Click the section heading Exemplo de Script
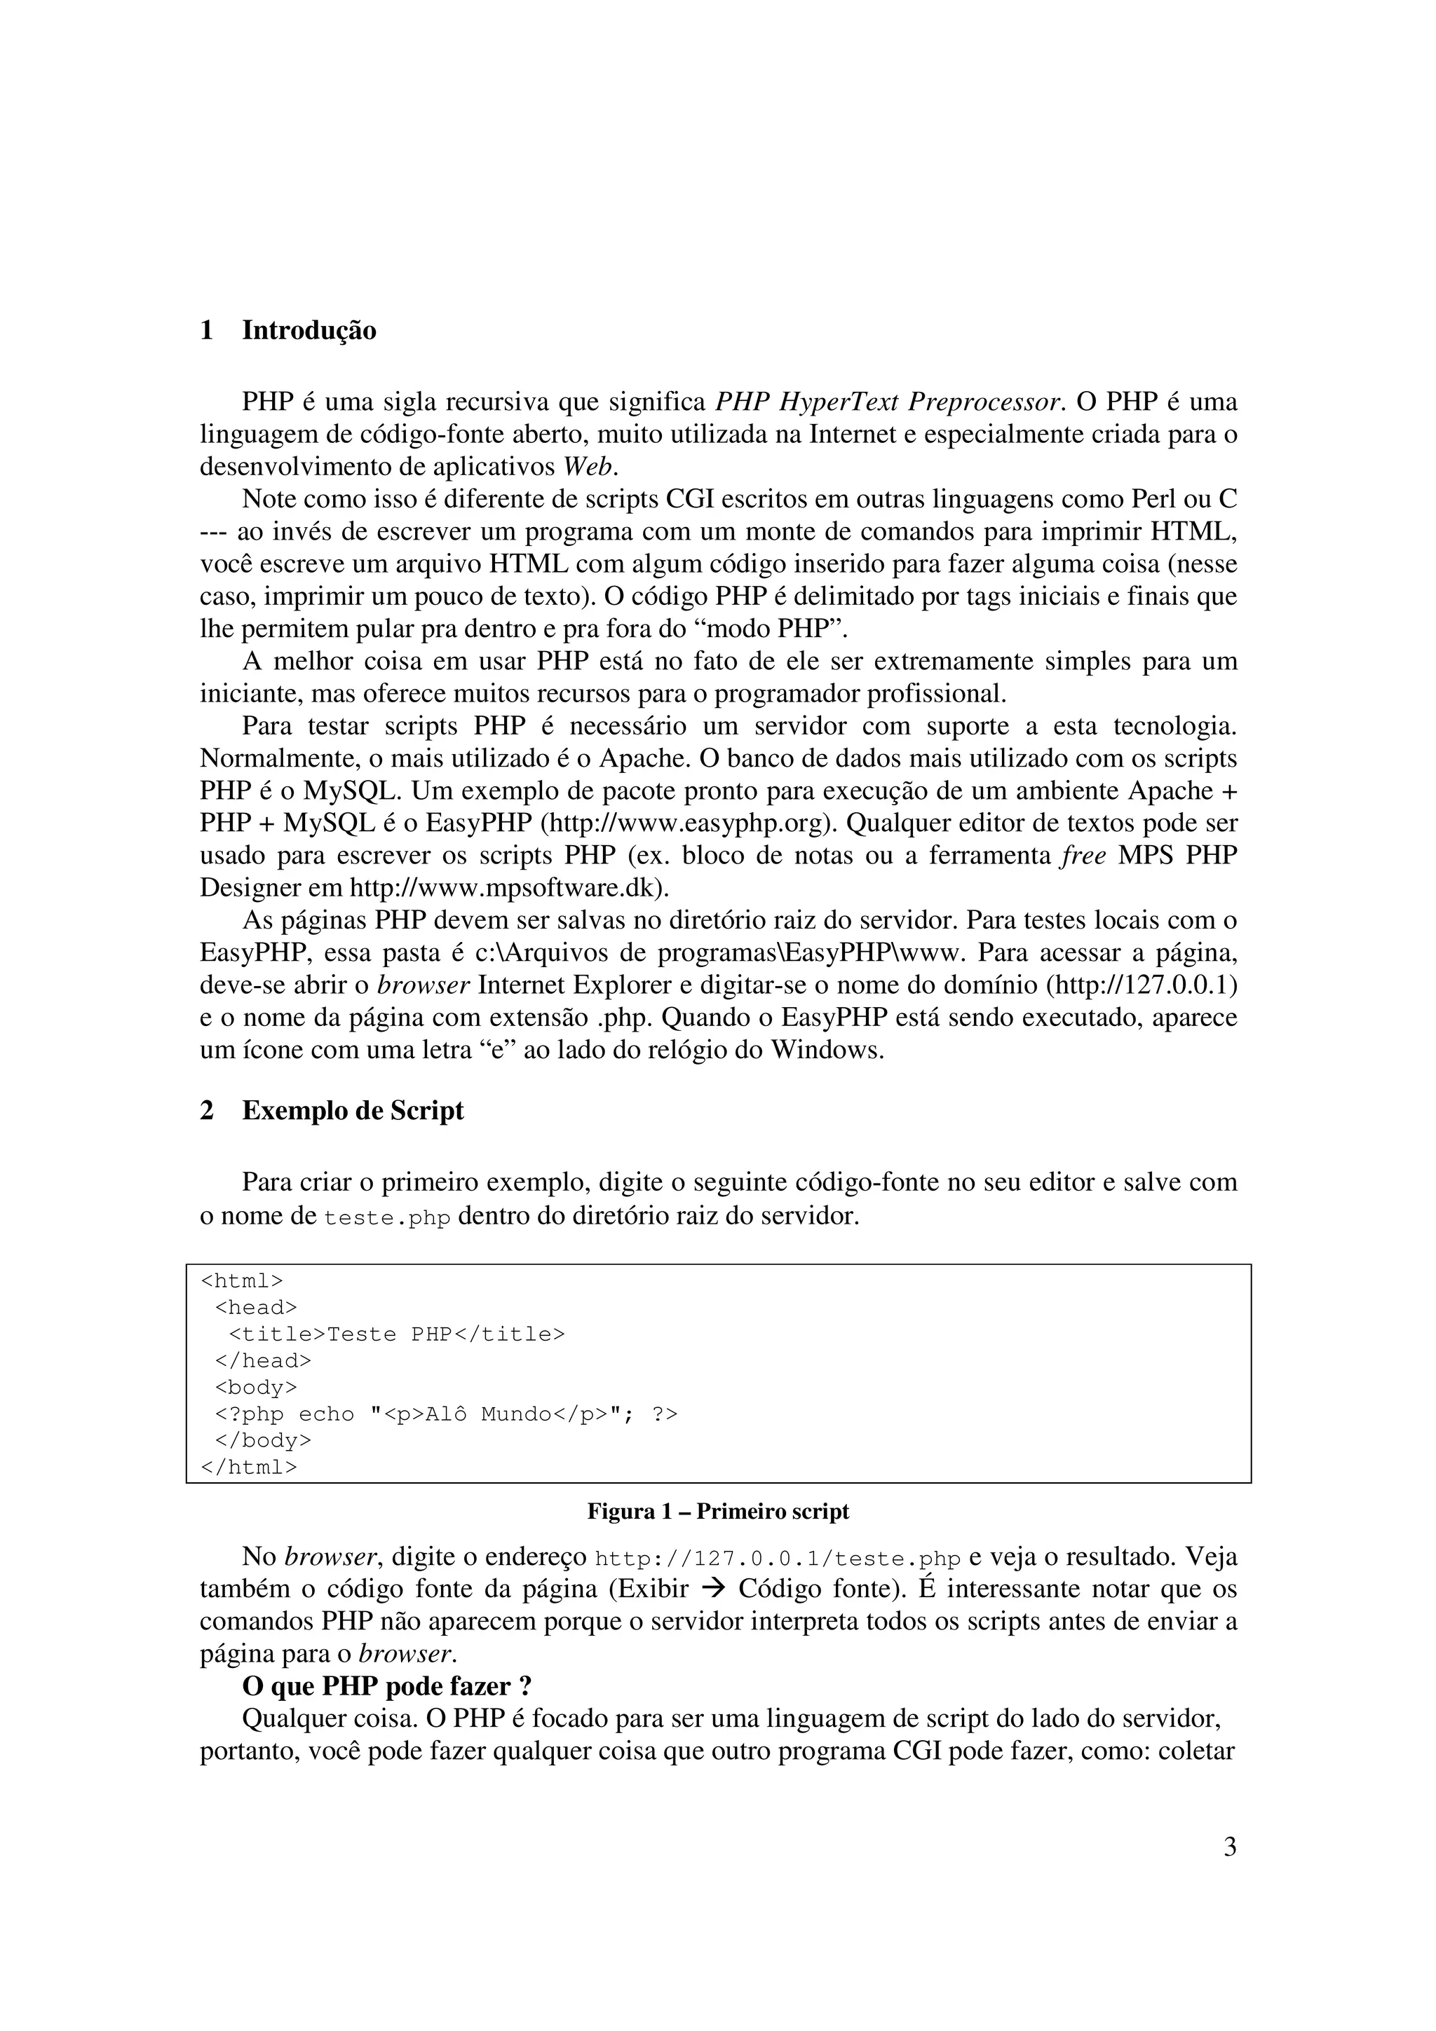point(352,1111)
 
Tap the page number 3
point(1229,1847)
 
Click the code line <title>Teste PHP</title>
point(396,1334)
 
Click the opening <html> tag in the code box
point(241,1281)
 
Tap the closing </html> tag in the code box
point(249,1467)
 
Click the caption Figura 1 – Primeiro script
point(717,1512)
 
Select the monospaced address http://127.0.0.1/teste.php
point(778,1559)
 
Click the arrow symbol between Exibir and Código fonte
point(712,1589)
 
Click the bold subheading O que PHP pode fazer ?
point(386,1687)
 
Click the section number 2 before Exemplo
point(207,1111)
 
